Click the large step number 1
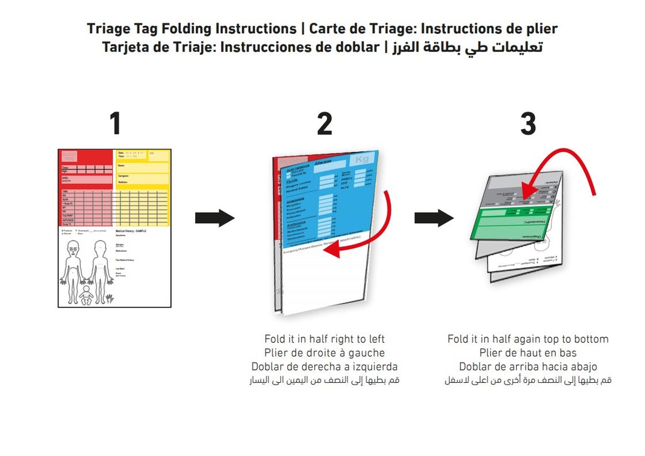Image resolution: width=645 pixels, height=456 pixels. pos(115,124)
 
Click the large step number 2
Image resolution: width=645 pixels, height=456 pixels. pos(324,124)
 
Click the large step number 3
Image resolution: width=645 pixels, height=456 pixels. pos(528,124)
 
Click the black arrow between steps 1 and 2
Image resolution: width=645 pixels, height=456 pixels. pos(215,219)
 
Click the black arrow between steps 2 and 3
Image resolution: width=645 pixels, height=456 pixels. pos(434,219)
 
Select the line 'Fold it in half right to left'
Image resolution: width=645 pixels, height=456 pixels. pos(324,339)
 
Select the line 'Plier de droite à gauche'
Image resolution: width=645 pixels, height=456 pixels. pos(324,353)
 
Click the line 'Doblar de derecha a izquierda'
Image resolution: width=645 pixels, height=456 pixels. pos(324,367)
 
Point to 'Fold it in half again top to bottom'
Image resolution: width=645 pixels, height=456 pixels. pos(528,339)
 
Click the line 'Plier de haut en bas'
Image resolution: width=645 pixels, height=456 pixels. pos(528,353)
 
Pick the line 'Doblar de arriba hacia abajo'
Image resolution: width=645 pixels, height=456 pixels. pos(528,367)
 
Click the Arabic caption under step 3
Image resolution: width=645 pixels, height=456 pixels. pos(528,380)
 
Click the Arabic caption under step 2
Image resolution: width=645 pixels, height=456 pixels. pos(324,380)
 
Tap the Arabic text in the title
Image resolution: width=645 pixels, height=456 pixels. pos(467,47)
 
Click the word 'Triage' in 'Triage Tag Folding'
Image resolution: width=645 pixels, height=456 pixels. pos(108,29)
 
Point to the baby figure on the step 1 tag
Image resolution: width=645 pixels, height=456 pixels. pos(86,295)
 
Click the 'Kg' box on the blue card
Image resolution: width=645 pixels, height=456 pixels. pos(362,160)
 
